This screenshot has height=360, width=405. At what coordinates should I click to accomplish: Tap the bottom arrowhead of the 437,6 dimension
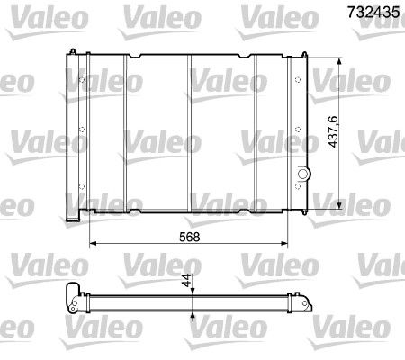coord(337,203)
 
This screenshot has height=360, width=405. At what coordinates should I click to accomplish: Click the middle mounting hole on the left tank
coord(83,140)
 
